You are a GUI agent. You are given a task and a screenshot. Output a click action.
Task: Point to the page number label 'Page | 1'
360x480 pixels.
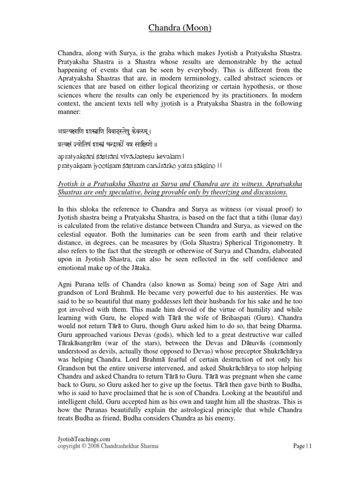(x=302, y=446)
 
